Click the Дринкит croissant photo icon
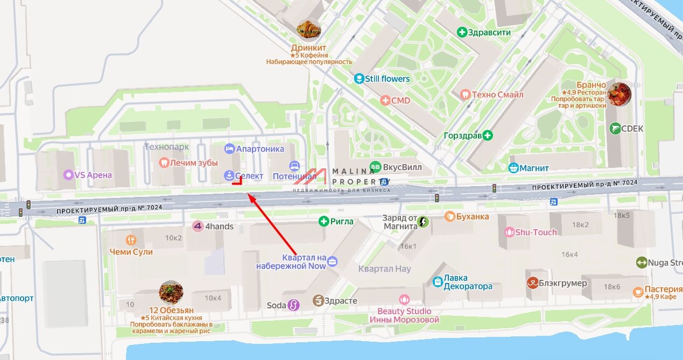click(309, 30)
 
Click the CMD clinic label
click(400, 101)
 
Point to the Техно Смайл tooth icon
click(466, 95)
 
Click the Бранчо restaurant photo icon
click(618, 94)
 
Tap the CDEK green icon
click(615, 129)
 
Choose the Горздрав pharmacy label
click(462, 136)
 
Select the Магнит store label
click(534, 168)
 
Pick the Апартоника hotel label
click(260, 149)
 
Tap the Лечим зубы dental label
click(194, 163)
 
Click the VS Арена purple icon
click(68, 175)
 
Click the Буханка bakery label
click(473, 216)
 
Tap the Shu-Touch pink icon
click(509, 232)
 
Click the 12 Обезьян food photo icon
click(171, 292)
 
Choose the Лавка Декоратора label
click(468, 282)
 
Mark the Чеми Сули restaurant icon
click(131, 240)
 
